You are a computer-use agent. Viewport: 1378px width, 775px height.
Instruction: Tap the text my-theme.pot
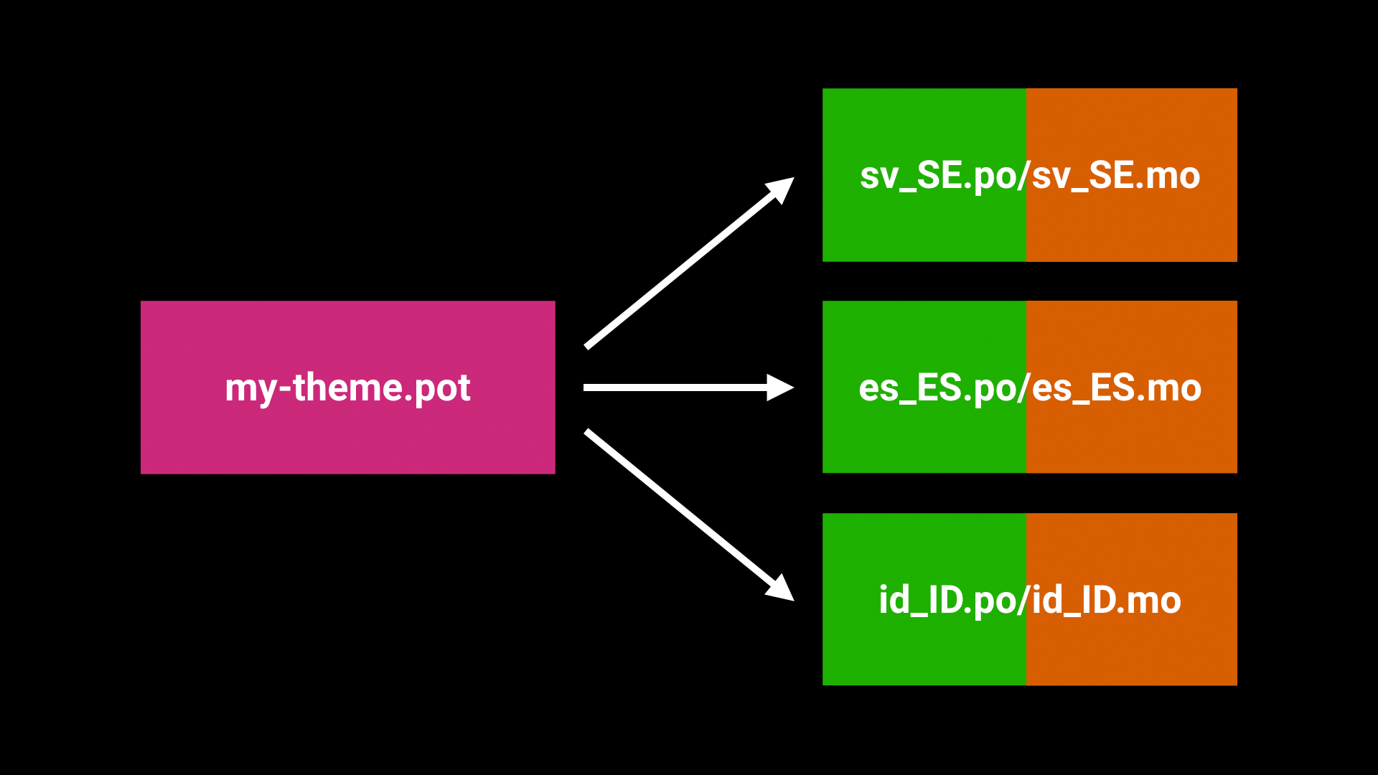click(x=347, y=388)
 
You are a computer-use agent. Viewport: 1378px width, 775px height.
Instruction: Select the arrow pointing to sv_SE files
click(x=682, y=269)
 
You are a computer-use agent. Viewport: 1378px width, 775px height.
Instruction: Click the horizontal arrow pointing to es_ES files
click(x=675, y=387)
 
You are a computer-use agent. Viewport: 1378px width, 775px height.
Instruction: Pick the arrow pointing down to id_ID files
click(x=682, y=509)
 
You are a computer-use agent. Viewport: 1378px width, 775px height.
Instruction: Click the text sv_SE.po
click(x=939, y=176)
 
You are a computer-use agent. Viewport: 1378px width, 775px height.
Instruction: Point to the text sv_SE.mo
click(x=1116, y=176)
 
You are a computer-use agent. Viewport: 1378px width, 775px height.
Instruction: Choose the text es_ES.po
click(x=939, y=388)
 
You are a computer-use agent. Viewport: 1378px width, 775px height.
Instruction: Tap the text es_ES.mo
click(x=1117, y=388)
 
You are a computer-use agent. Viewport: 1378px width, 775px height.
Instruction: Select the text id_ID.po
click(x=949, y=600)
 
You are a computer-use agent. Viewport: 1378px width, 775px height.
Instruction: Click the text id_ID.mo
click(x=1106, y=600)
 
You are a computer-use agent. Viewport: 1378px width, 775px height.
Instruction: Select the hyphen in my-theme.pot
click(x=285, y=389)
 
